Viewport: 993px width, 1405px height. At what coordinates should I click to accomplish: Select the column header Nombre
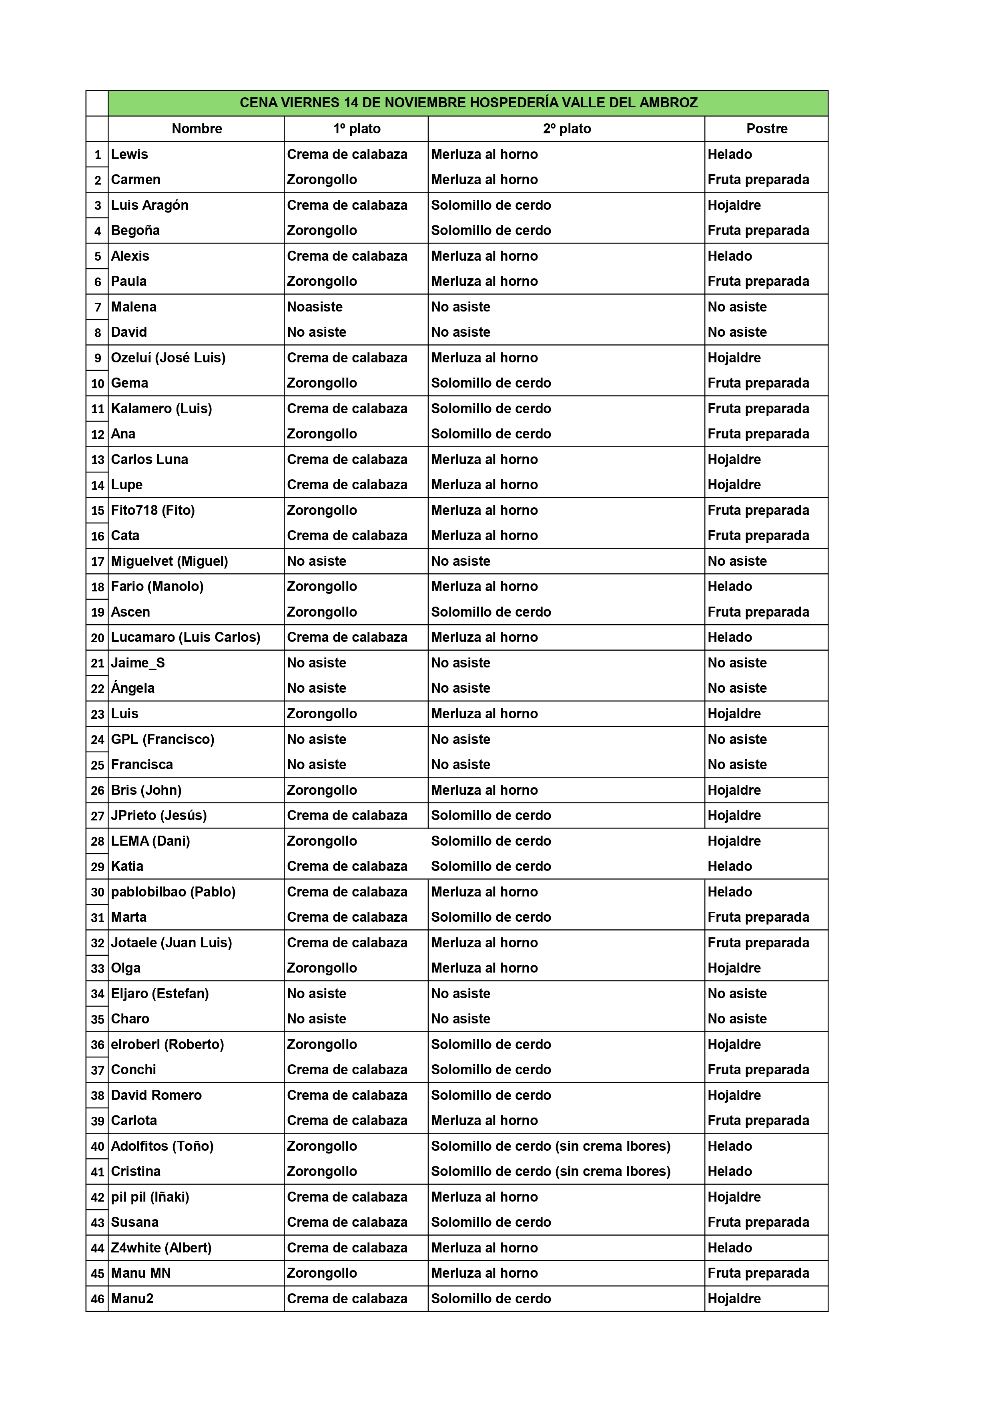(197, 129)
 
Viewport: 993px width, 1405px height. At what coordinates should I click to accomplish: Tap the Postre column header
(766, 129)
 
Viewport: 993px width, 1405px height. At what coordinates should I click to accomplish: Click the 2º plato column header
(567, 129)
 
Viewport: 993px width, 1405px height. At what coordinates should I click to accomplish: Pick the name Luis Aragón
(150, 205)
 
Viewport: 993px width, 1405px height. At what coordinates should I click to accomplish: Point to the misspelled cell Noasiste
(315, 307)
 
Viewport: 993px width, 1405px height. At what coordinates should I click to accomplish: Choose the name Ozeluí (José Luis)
(168, 358)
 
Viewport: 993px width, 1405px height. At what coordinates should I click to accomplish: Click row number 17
(97, 561)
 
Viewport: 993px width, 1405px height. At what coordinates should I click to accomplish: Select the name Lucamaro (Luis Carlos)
(185, 637)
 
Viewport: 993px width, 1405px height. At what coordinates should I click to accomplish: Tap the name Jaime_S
(138, 663)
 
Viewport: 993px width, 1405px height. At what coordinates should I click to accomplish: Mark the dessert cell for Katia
(730, 866)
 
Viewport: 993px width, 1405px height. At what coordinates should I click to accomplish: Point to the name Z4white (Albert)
(161, 1247)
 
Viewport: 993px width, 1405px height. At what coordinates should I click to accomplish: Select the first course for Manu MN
(322, 1273)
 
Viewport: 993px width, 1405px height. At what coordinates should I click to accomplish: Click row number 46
(97, 1298)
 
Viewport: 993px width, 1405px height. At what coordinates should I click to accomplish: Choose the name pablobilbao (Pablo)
(173, 892)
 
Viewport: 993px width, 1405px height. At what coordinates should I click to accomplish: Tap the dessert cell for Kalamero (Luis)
(758, 408)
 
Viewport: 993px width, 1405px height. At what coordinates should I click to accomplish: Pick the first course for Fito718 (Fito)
(322, 510)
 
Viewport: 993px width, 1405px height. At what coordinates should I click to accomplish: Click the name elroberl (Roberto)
(167, 1044)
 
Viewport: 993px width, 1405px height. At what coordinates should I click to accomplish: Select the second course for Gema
(491, 383)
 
